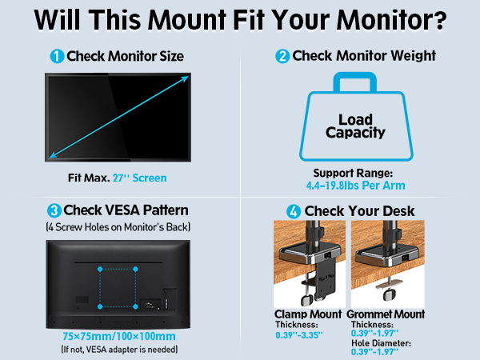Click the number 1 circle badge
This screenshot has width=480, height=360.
[57, 57]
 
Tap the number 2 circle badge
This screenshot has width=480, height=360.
[282, 57]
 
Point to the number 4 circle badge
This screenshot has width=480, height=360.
[294, 210]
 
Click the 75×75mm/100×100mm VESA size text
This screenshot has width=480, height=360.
[118, 336]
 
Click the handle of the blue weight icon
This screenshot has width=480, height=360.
[356, 83]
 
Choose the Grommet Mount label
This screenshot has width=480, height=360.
[388, 314]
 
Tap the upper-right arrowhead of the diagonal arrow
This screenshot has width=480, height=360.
[186, 78]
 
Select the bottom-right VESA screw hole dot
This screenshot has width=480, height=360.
[135, 305]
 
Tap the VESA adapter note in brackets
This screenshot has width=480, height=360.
[118, 350]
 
